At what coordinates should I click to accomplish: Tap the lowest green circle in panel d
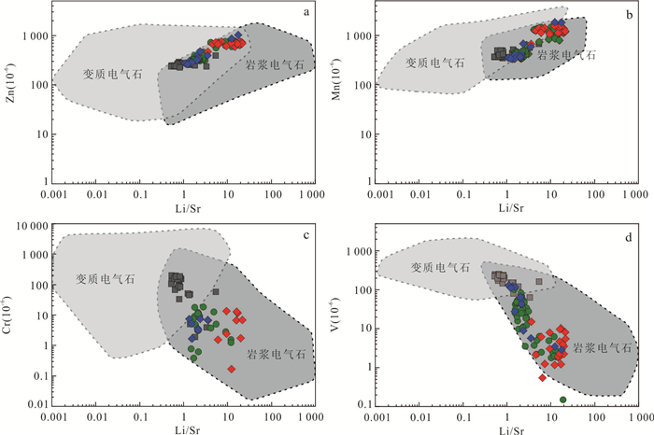563,400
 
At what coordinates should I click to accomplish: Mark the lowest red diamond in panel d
543,378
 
